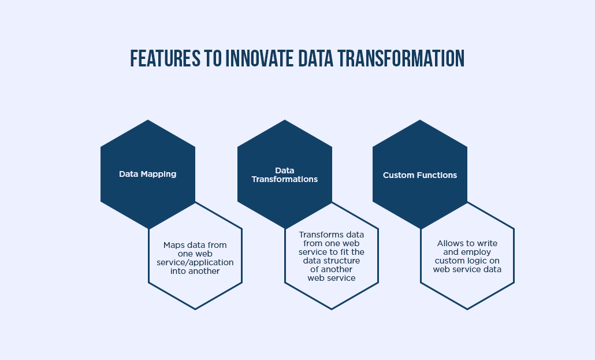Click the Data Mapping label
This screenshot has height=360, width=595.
pos(148,174)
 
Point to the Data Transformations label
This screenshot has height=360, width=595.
pos(284,175)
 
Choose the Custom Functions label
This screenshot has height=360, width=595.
pos(420,175)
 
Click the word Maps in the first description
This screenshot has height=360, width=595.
pos(174,245)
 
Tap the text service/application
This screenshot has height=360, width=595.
pos(195,262)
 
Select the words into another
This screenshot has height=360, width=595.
pos(195,271)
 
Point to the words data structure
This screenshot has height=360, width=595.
pos(331,261)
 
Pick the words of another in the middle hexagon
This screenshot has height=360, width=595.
pos(331,269)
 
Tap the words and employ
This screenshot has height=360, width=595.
pos(467,252)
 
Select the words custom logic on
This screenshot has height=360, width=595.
pos(467,261)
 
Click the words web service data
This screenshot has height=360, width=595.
pos(467,269)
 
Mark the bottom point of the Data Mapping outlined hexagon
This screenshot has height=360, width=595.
pos(195,309)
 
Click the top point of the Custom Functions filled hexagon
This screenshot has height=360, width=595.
pos(420,120)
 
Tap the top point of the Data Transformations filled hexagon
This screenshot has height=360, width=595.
pos(285,120)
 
